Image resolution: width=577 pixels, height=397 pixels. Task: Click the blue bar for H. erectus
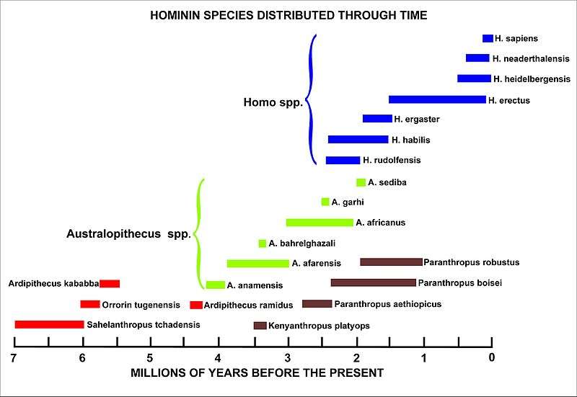437,99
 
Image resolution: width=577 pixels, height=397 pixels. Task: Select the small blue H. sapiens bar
488,38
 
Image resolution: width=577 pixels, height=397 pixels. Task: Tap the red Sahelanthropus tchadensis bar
49,324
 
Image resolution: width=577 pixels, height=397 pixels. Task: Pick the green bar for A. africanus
320,223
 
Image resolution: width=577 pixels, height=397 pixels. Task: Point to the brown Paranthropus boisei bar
373,282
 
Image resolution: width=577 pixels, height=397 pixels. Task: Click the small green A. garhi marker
325,202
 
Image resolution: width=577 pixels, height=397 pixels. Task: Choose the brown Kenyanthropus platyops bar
260,326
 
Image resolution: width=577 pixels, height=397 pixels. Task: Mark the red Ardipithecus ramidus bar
196,305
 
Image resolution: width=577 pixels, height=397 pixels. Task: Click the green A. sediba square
361,182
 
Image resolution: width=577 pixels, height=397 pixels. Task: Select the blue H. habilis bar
358,140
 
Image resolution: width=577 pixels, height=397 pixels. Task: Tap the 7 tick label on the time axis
14,358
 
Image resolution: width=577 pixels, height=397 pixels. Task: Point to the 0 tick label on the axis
492,358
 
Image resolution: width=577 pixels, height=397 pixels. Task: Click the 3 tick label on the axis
287,358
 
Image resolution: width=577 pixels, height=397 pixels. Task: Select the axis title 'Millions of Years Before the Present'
257,373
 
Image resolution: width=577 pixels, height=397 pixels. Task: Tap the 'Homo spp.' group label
273,103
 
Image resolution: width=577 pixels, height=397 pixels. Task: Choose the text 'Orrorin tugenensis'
140,305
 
